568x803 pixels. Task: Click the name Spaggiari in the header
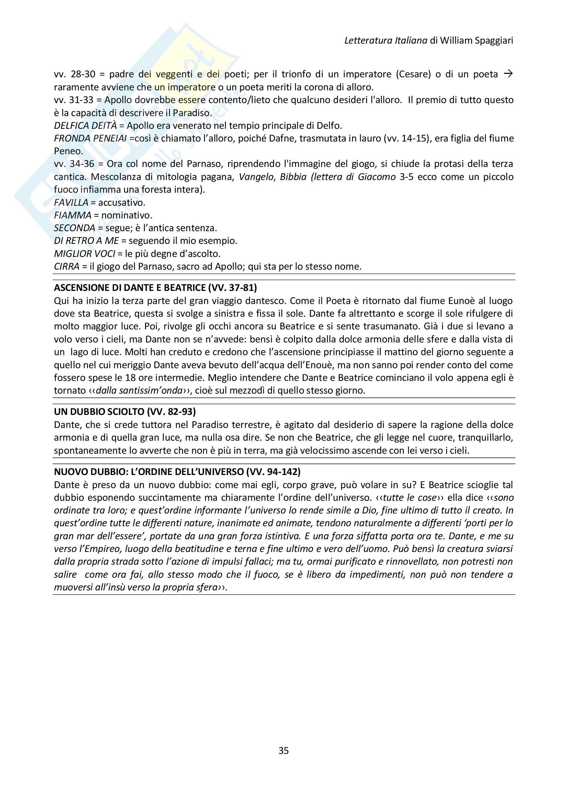[494, 41]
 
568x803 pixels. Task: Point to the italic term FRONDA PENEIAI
[90, 138]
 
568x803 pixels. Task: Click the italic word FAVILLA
[71, 203]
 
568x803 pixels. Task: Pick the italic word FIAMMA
[72, 215]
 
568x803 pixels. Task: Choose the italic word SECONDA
[75, 228]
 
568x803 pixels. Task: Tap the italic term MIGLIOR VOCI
[84, 253]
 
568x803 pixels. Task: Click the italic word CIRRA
[67, 267]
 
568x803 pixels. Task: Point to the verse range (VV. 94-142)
[273, 472]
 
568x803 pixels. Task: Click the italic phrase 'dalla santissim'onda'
[139, 390]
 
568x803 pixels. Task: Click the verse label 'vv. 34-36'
[74, 164]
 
